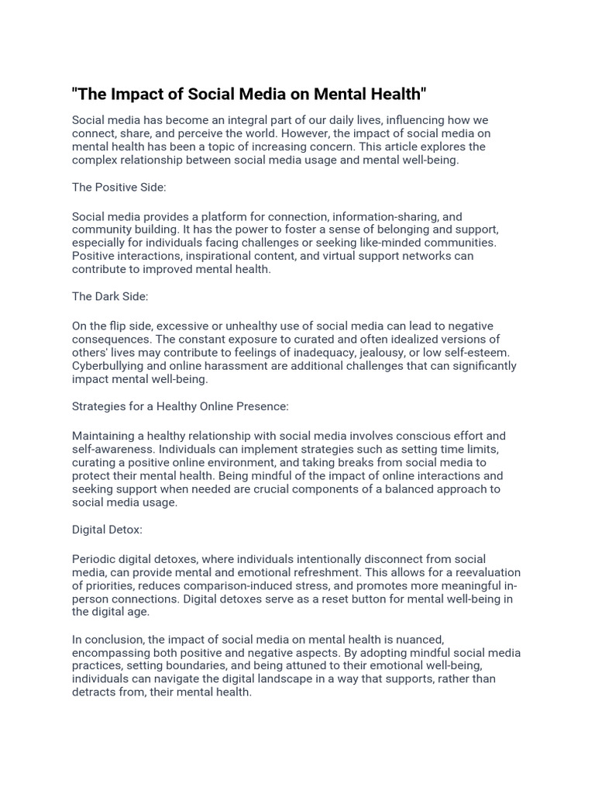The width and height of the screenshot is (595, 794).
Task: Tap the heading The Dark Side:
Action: [110, 296]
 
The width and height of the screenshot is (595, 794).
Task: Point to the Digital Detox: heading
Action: [107, 530]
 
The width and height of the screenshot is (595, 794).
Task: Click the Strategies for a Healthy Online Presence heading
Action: [180, 406]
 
